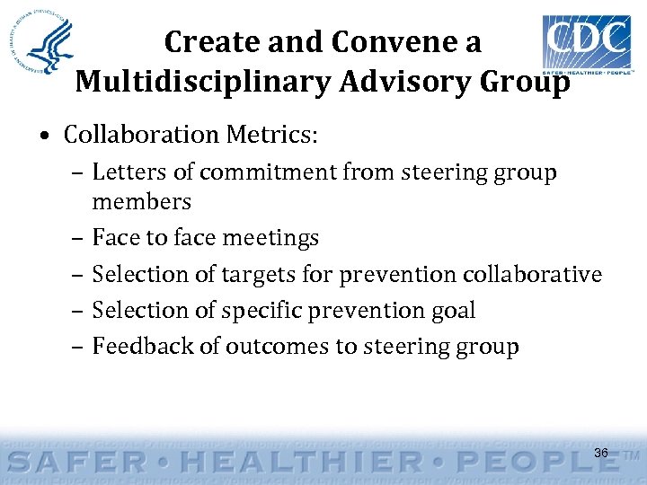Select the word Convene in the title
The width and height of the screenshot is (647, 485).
coord(392,42)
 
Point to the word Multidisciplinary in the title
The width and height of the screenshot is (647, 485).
coord(191,81)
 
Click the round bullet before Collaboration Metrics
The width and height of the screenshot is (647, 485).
coord(45,137)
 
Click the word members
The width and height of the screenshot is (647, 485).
coord(141,201)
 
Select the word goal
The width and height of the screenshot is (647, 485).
coord(454,311)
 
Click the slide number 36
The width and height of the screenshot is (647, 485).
coord(601,454)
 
